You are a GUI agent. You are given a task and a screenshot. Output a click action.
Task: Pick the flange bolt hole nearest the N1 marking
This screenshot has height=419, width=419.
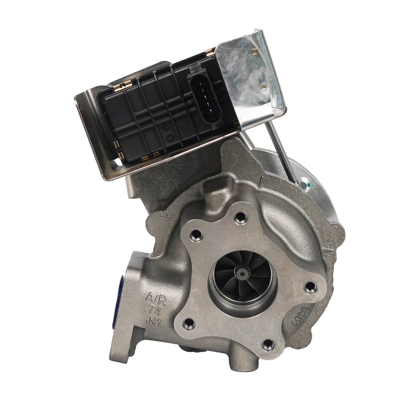click(188, 323)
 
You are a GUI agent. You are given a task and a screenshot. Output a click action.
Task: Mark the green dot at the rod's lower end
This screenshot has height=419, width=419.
click(306, 185)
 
